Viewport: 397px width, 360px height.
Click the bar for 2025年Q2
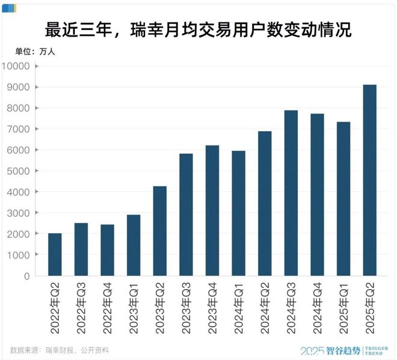(369, 180)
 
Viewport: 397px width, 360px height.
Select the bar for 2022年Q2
(55, 255)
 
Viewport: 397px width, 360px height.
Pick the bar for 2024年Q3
(291, 193)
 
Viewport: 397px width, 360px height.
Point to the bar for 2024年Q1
(238, 213)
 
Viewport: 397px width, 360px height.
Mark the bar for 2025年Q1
(343, 199)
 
